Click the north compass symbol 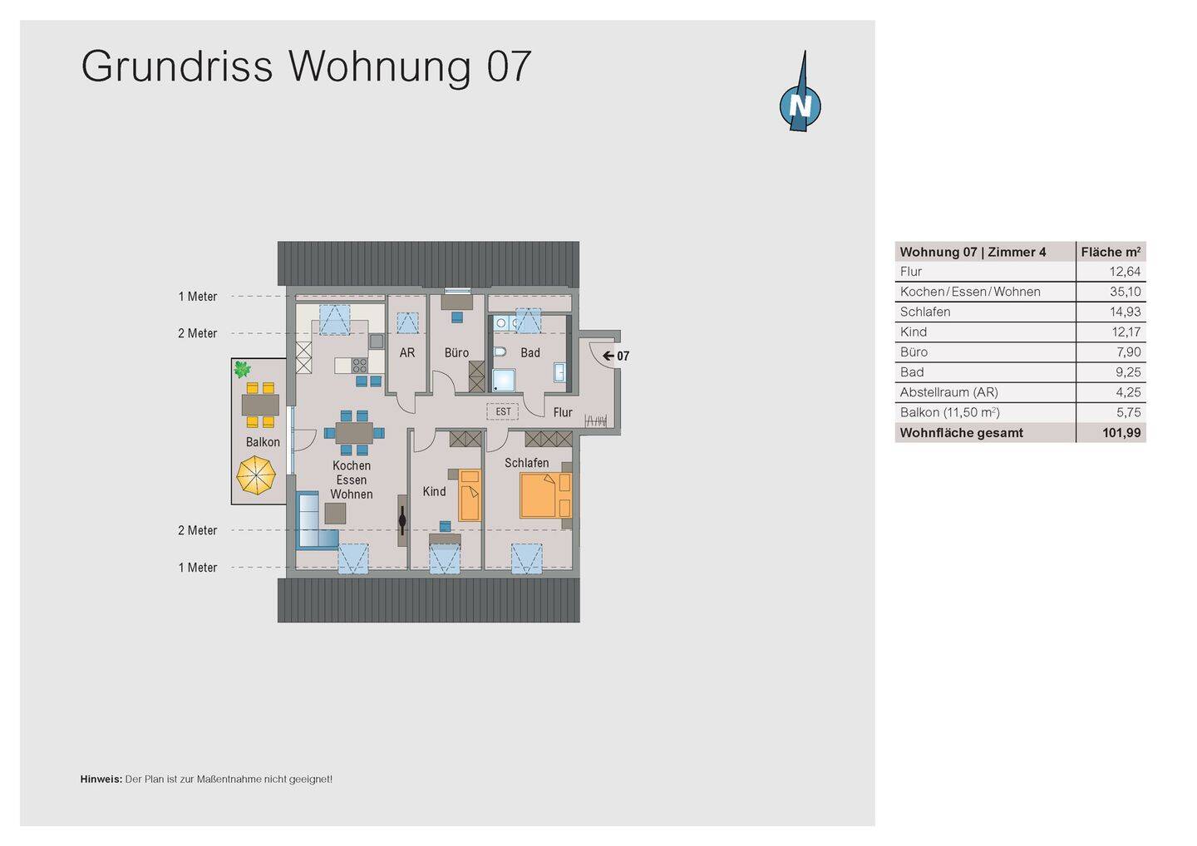click(x=800, y=105)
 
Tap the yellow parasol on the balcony click(x=256, y=476)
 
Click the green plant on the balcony click(x=242, y=369)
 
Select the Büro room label click(x=456, y=353)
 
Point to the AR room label click(x=407, y=353)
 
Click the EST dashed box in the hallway click(x=503, y=411)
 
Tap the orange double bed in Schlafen click(x=544, y=494)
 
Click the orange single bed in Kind click(x=470, y=494)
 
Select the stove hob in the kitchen click(x=359, y=365)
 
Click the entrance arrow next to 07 click(x=608, y=356)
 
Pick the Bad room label click(x=530, y=353)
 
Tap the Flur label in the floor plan click(x=563, y=412)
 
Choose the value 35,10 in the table click(x=1125, y=292)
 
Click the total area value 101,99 click(x=1121, y=433)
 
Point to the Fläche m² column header click(x=1111, y=252)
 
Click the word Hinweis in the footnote click(x=101, y=780)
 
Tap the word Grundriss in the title click(x=177, y=66)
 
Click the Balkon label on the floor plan click(x=263, y=442)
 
